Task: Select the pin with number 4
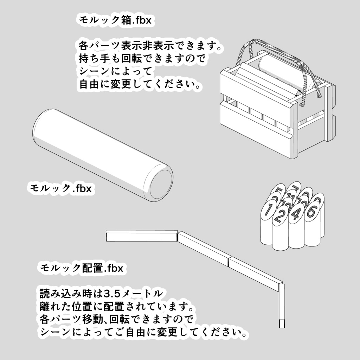pyautogui.click(x=296, y=213)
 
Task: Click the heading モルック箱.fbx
pyautogui.click(x=115, y=20)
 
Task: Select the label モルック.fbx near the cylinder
pyautogui.click(x=61, y=188)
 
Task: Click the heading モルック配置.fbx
pyautogui.click(x=82, y=268)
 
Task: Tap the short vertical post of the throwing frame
pyautogui.click(x=281, y=306)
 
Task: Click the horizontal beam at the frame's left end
pyautogui.click(x=141, y=236)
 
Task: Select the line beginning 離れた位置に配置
pyautogui.click(x=116, y=306)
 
